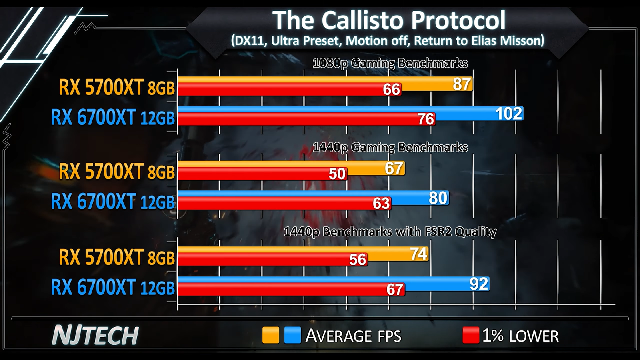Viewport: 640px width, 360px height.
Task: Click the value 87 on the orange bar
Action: click(x=462, y=84)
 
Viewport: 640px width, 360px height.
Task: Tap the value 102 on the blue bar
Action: click(x=509, y=114)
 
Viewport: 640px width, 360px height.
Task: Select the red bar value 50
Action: click(x=337, y=174)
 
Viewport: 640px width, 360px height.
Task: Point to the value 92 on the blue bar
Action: click(x=478, y=284)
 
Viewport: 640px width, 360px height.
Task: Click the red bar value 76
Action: click(x=426, y=119)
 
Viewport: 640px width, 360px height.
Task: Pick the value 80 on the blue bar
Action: click(x=438, y=198)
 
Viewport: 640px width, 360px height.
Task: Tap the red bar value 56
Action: click(x=358, y=260)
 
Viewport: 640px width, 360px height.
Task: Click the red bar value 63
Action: click(x=381, y=204)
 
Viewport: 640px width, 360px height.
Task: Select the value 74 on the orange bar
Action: click(x=418, y=254)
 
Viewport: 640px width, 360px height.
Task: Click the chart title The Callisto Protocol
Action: click(x=389, y=20)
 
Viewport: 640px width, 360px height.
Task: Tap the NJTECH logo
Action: click(x=95, y=335)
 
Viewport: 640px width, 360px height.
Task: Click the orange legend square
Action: click(x=270, y=335)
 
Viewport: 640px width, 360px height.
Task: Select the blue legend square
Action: click(x=292, y=335)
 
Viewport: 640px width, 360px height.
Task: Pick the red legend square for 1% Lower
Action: click(x=471, y=335)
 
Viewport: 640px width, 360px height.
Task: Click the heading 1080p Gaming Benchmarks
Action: click(x=390, y=63)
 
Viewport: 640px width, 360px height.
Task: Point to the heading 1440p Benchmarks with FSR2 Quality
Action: click(x=390, y=232)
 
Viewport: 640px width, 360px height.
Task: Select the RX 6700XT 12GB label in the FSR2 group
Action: click(x=113, y=287)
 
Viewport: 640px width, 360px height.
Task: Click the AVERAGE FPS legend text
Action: click(x=353, y=336)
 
